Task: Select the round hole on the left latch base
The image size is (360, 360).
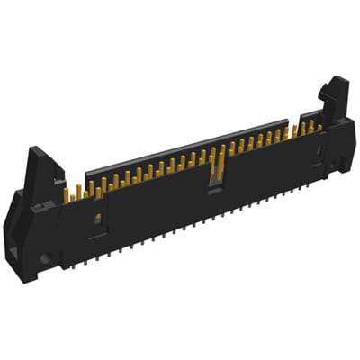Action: [41, 261]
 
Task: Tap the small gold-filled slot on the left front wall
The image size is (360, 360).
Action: [96, 219]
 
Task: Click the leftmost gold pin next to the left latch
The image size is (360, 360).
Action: [67, 194]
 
